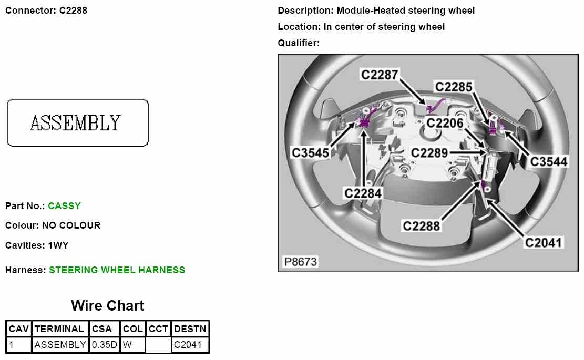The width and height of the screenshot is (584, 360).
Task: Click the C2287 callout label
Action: tap(379, 75)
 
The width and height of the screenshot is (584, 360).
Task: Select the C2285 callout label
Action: tap(454, 86)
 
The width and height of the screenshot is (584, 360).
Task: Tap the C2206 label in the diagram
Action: tap(445, 123)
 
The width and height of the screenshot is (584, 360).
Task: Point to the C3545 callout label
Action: tap(311, 152)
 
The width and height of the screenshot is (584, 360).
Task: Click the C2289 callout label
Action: tap(429, 153)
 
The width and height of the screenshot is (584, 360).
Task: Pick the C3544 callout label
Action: tap(548, 161)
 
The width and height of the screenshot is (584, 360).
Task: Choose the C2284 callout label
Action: tap(363, 193)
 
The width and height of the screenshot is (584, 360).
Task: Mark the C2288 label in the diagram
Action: tap(421, 226)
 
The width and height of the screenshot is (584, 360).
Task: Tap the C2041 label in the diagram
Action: tap(544, 242)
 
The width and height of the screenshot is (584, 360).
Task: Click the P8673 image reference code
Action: tap(301, 261)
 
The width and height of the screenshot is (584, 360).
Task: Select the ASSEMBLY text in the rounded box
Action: tap(76, 123)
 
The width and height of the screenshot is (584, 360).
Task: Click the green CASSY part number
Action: tap(64, 206)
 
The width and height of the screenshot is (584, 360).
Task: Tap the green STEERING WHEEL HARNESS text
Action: tap(117, 270)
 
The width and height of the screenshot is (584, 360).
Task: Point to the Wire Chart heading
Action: tap(107, 305)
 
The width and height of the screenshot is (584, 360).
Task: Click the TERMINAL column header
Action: tap(59, 329)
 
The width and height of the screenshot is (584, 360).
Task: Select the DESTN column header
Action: tap(190, 329)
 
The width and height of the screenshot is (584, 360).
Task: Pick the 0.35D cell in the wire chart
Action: tap(104, 345)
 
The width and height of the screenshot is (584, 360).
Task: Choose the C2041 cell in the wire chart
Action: tap(188, 345)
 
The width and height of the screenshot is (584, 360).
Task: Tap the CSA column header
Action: tap(102, 329)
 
